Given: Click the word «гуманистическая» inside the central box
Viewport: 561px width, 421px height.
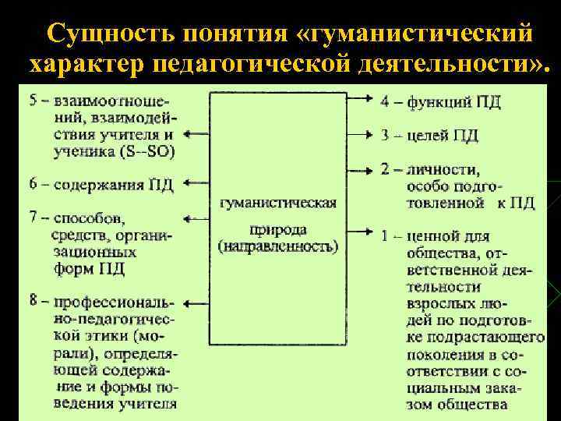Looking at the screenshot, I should coord(279,203).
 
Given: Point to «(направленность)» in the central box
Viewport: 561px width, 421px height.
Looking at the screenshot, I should coord(279,247).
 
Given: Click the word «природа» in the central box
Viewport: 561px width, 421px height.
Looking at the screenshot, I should coord(278,230).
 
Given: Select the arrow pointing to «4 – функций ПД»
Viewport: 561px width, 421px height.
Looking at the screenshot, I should coord(358,99).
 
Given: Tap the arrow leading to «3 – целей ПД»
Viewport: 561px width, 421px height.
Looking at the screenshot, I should coord(358,135).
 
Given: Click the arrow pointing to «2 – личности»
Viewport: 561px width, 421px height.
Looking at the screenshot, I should coord(358,168).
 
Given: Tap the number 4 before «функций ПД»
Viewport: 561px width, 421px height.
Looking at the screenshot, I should coord(386,101).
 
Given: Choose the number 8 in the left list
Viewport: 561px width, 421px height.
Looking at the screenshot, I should coord(34,301).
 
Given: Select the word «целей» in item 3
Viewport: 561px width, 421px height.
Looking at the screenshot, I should coord(431,136).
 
